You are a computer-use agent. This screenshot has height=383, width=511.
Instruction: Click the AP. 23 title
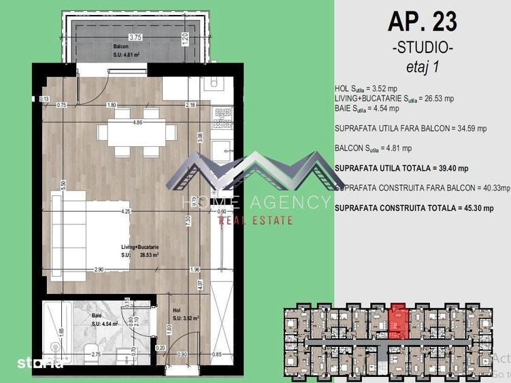click(422, 22)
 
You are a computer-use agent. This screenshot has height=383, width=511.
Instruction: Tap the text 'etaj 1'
click(422, 66)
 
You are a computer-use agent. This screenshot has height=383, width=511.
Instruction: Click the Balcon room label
click(120, 46)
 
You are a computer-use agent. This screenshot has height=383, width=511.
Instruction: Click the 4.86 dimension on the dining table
click(137, 123)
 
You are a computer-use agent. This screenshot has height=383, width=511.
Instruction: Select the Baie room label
click(97, 316)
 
